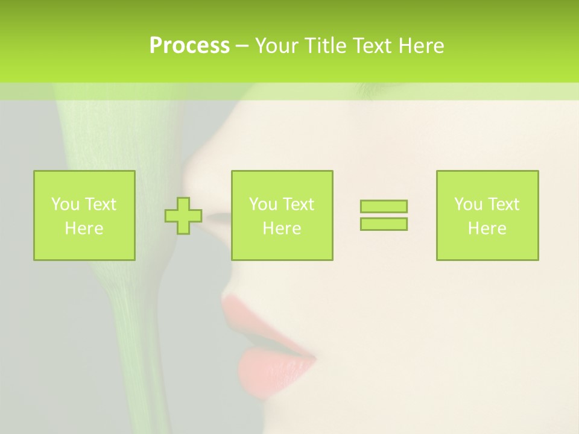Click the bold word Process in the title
(189, 46)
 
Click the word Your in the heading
(277, 46)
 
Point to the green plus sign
(183, 215)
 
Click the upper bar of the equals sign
(384, 206)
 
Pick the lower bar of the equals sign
(384, 224)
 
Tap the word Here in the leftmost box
(84, 228)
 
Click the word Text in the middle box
(299, 204)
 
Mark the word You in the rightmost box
(469, 204)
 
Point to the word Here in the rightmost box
(487, 228)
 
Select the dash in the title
(242, 46)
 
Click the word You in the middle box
(264, 204)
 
